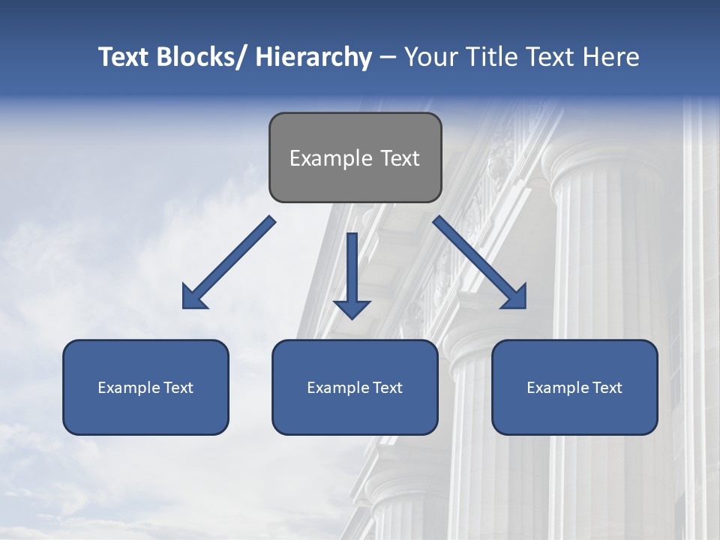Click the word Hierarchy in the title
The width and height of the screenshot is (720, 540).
point(313,57)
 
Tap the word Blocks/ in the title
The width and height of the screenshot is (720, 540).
point(203,57)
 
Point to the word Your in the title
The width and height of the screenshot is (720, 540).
point(431,57)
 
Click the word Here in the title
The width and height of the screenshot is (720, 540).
point(612,57)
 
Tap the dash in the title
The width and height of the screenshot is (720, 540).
point(387,58)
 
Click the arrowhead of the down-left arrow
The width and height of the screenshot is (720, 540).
point(194,297)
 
